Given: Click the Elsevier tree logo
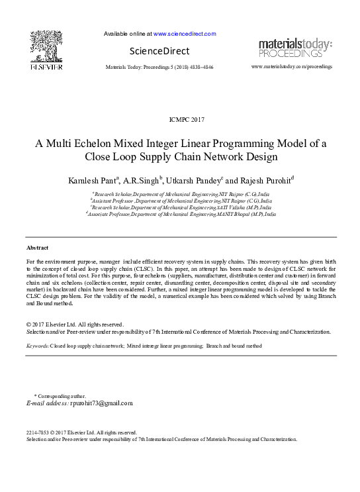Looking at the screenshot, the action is pyautogui.click(x=46, y=46).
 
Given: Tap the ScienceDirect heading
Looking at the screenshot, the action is pyautogui.click(x=159, y=51).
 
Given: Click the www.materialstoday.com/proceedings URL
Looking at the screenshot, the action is pyautogui.click(x=292, y=68).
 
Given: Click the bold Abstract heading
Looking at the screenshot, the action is pyautogui.click(x=37, y=247).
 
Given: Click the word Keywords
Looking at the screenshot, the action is pyautogui.click(x=37, y=346).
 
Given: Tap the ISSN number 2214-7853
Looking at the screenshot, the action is pyautogui.click(x=38, y=432).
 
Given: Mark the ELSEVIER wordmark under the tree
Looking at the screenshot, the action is pyautogui.click(x=46, y=68).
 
